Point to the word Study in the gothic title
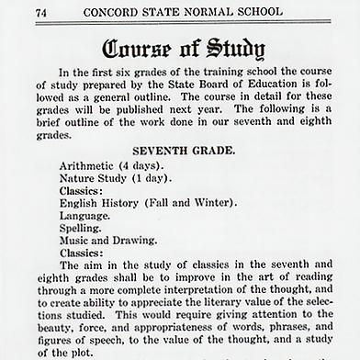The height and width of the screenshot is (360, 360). [231, 49]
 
